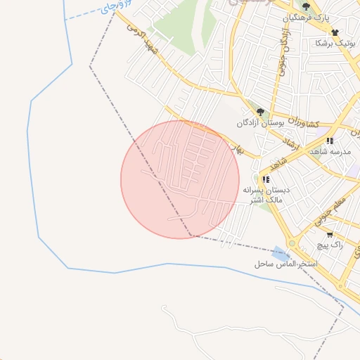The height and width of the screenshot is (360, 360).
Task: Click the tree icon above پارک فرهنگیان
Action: (x=305, y=6)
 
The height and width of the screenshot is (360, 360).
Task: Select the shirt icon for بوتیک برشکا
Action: (x=335, y=32)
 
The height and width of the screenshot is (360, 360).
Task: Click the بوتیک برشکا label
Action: (x=333, y=44)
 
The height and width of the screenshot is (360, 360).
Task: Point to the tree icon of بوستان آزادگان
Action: (x=260, y=111)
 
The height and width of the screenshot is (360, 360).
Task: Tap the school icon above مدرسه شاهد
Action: (x=329, y=141)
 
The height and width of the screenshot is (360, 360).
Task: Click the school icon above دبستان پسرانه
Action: (x=266, y=179)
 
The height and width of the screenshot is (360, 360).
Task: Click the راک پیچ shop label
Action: (x=328, y=245)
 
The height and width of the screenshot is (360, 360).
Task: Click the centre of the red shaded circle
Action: (x=180, y=179)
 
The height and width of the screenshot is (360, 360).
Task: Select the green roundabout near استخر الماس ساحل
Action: (x=292, y=243)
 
